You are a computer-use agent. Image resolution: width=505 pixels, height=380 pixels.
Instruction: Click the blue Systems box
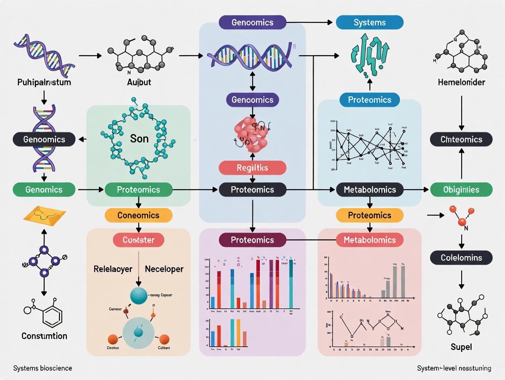coord(370,22)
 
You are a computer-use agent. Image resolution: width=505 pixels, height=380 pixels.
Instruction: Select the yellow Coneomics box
coord(138,215)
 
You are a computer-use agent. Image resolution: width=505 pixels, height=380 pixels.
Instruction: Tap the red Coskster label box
coord(138,240)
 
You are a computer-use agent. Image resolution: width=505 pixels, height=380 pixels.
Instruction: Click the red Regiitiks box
coord(252,168)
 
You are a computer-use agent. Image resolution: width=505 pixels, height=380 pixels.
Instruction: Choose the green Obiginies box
coord(461,190)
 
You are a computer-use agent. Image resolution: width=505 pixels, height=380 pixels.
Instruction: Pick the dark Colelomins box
coord(461,258)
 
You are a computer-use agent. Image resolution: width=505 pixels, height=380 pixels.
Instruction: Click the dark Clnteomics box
coord(461,139)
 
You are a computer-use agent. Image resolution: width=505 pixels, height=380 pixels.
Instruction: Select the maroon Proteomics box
coord(252,240)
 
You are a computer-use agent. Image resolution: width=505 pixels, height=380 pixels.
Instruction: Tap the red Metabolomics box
coord(370,240)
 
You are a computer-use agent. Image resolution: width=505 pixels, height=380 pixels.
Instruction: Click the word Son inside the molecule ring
coord(139,138)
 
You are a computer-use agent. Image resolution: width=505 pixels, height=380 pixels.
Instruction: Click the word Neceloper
coord(164,269)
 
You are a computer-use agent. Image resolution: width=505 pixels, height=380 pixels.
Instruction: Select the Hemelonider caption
coord(461,83)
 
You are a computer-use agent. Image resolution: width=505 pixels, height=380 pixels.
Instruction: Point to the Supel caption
coord(461,347)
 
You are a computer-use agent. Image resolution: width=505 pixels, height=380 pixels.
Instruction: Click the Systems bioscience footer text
coord(43,368)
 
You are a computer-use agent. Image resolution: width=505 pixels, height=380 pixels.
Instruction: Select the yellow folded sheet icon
coord(44,216)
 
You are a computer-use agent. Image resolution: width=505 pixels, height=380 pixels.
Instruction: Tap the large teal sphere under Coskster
coord(138,296)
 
